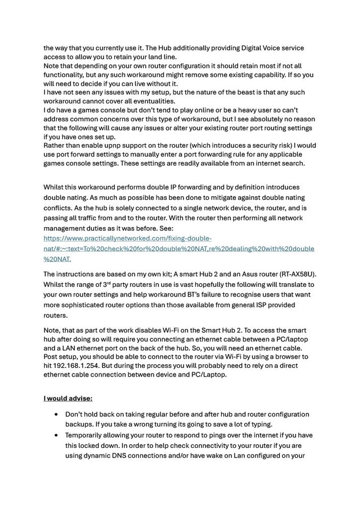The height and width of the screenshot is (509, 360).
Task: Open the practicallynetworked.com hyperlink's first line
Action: pos(127,238)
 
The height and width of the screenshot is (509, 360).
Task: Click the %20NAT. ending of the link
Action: pos(57,259)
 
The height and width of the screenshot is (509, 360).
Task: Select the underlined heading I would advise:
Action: pos(68,398)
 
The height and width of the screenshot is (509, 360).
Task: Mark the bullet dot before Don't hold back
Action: pos(56,415)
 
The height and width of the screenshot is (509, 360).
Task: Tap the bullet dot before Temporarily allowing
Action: pos(56,435)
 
